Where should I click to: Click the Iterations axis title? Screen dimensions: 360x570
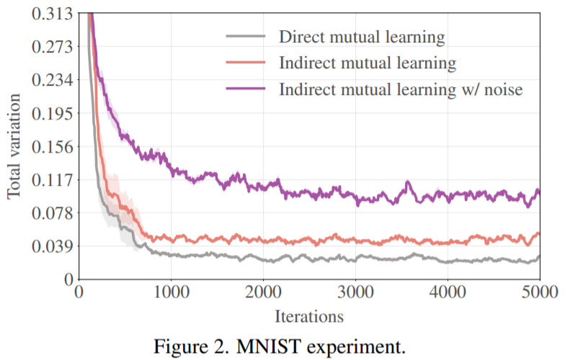point(308,315)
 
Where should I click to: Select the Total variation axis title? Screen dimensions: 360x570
point(15,146)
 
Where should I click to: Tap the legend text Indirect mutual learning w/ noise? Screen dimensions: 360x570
point(400,89)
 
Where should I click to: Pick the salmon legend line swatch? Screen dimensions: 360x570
point(245,63)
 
